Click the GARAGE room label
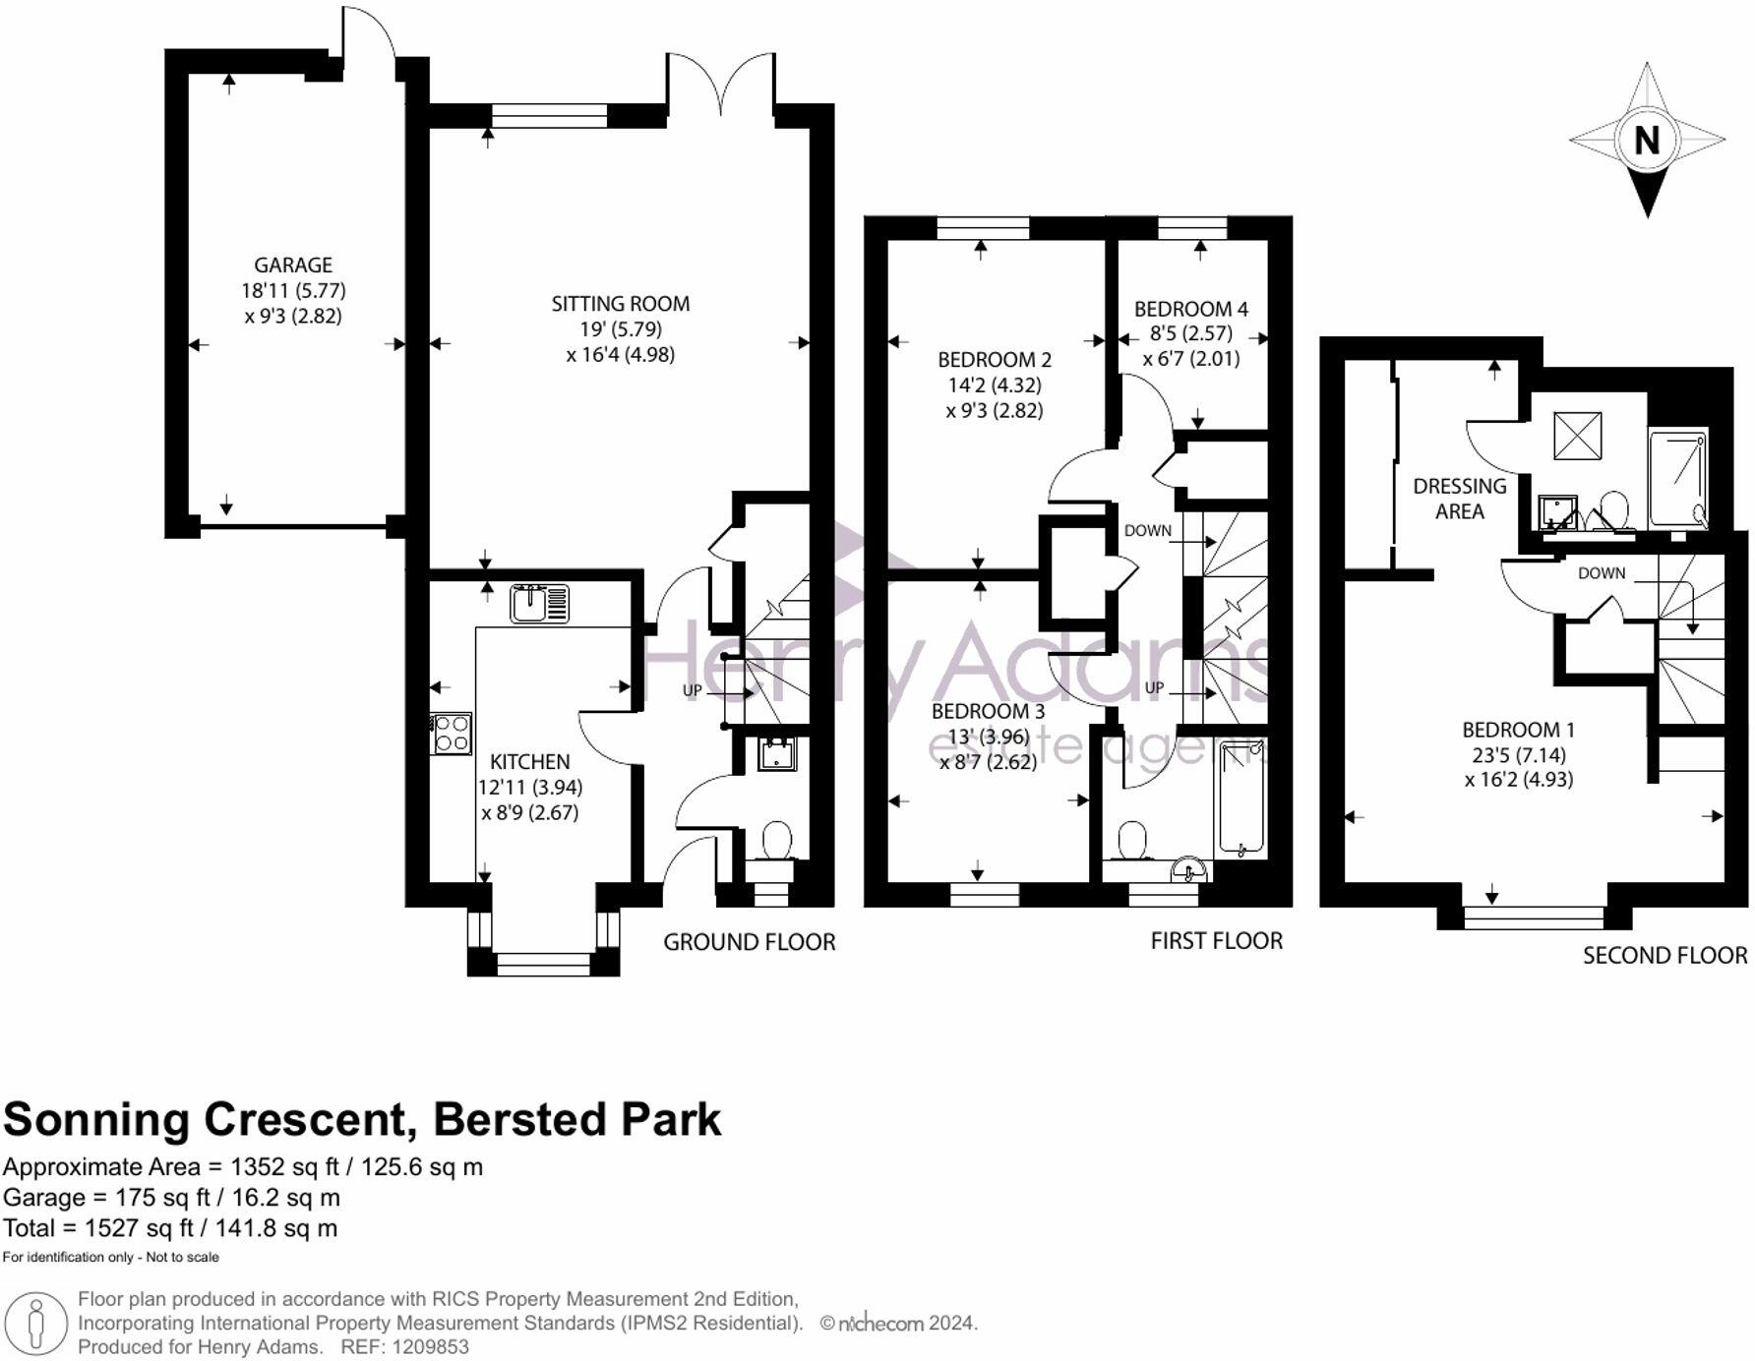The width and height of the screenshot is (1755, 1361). (293, 266)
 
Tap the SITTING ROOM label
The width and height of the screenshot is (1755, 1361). (621, 304)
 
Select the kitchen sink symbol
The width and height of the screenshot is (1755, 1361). (540, 603)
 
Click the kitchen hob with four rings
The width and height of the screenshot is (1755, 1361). (452, 734)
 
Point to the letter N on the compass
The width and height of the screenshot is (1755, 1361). (1647, 141)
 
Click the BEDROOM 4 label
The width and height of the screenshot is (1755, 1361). (1191, 309)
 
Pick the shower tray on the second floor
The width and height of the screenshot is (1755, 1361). (1678, 478)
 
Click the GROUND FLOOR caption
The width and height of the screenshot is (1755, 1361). (750, 942)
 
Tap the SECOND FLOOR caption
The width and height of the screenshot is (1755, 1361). (1665, 956)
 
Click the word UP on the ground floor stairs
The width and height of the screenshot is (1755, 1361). (693, 690)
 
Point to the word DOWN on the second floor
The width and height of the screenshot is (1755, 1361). (1603, 573)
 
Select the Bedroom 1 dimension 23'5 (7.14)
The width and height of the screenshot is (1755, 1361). (1519, 755)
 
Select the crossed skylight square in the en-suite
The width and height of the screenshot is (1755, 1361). (1578, 436)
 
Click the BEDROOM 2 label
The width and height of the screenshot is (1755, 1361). (995, 360)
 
